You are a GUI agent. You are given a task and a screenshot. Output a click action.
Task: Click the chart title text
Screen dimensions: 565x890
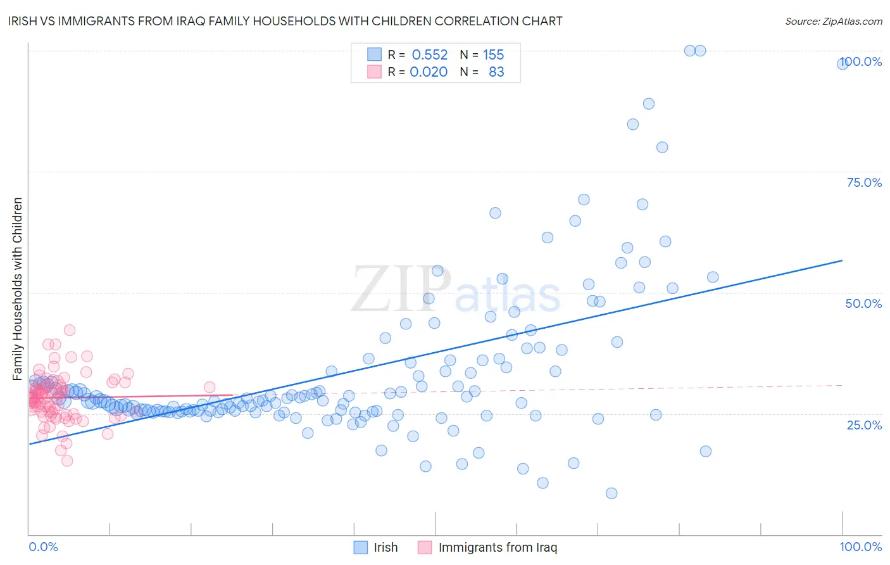[285, 21]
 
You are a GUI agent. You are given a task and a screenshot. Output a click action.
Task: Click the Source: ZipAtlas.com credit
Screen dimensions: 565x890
[833, 21]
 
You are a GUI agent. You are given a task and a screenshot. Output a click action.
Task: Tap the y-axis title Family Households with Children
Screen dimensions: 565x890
[17, 289]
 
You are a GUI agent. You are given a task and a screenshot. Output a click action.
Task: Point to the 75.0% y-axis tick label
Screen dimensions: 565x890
[864, 182]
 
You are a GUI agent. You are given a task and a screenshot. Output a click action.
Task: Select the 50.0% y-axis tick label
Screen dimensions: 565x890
[863, 303]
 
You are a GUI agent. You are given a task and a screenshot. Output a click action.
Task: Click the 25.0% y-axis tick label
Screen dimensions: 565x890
[864, 425]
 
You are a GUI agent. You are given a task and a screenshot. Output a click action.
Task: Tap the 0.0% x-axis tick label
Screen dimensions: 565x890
[43, 547]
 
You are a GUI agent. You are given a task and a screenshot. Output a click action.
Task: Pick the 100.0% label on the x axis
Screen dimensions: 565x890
[860, 547]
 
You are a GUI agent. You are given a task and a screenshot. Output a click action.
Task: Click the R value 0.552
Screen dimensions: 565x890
[429, 54]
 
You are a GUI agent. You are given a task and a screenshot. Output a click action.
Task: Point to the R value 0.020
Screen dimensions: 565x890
[429, 72]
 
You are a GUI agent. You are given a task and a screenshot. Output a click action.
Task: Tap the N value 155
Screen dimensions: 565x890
[493, 54]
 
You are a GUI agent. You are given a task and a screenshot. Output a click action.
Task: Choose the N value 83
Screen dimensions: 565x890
[496, 72]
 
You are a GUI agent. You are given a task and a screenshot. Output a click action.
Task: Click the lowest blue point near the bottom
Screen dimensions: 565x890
[611, 493]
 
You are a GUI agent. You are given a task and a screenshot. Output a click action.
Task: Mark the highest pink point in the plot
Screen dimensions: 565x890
[70, 330]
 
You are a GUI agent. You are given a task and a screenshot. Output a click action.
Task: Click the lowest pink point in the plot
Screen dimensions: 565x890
[67, 460]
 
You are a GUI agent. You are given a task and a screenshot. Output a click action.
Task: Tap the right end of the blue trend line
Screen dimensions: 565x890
[842, 260]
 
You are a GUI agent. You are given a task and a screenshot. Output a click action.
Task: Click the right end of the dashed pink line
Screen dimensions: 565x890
[842, 385]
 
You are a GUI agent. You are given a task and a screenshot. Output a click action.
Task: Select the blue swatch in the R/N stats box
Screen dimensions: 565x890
[375, 54]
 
